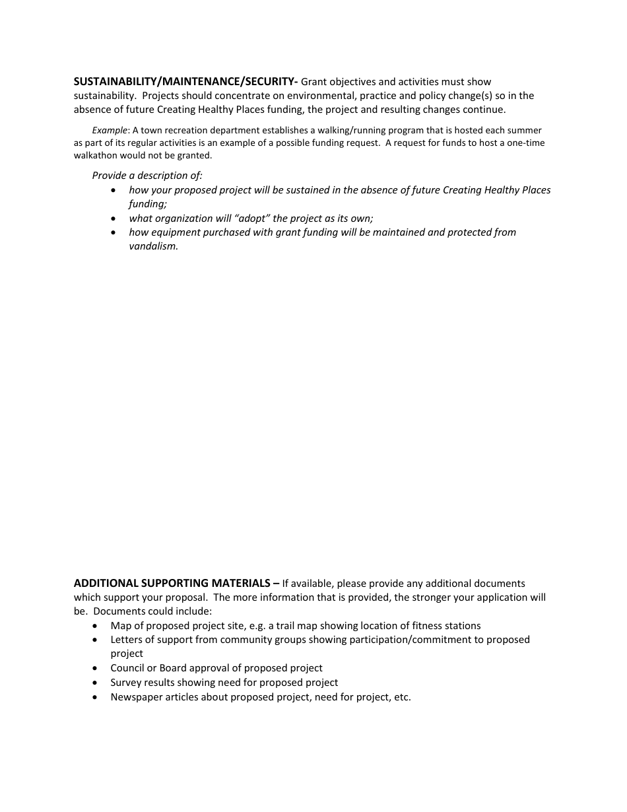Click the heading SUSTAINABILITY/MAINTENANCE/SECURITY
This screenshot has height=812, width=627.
185,82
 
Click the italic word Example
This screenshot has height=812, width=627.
109,131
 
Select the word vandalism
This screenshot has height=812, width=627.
153,246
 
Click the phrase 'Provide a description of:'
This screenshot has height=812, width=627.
147,176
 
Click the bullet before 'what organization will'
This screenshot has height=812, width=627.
114,219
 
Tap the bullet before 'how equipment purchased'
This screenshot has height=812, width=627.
114,232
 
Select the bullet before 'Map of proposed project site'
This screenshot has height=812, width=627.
96,626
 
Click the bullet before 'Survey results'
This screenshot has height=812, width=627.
96,683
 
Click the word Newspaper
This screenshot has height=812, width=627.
135,697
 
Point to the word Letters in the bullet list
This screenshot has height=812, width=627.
125,640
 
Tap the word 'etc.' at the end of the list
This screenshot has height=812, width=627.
403,697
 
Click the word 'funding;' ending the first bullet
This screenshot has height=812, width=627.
148,204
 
